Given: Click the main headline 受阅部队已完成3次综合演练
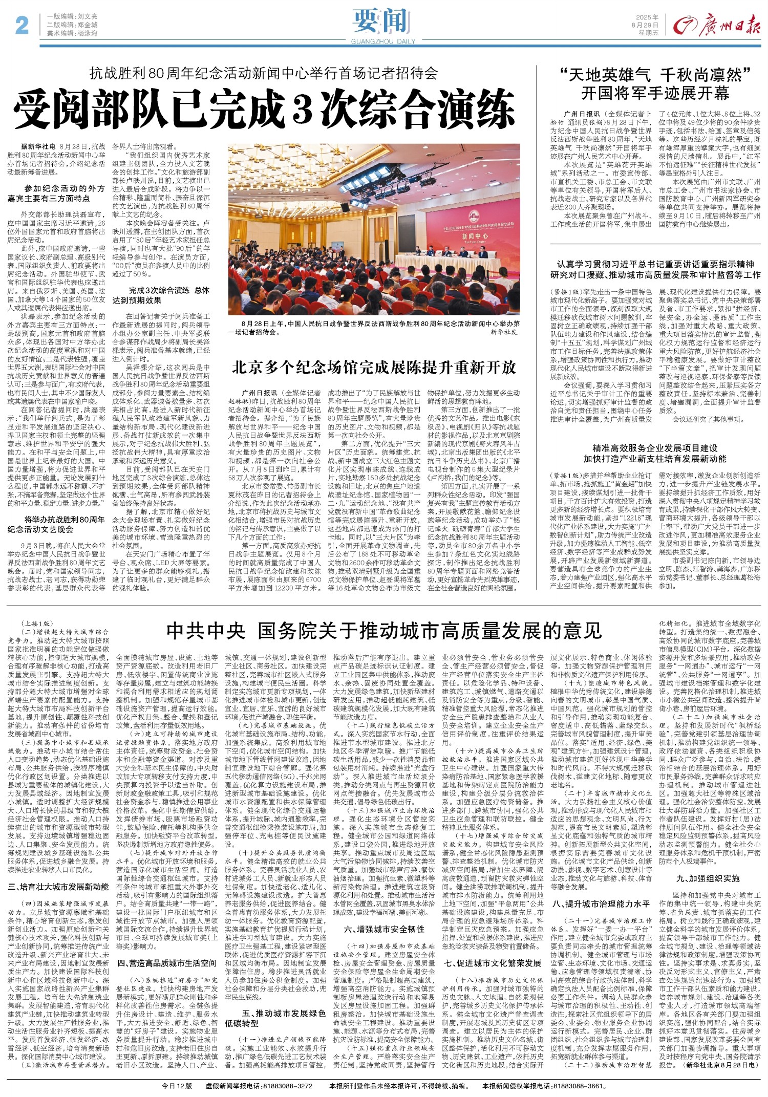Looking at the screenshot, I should click(264, 110).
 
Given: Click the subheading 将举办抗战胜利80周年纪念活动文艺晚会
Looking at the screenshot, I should click(56, 524).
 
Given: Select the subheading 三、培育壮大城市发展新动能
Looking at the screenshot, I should click(58, 886).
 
